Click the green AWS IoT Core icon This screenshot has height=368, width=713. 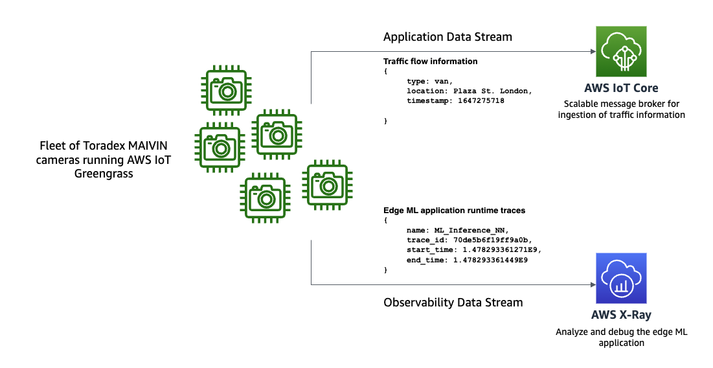622,51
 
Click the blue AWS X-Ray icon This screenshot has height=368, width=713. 621,278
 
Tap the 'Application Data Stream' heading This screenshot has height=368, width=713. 447,37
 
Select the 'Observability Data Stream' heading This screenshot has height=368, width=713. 453,302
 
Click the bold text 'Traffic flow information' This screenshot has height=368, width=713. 431,62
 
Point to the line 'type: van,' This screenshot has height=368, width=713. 429,82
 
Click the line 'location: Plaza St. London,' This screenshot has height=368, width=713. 469,91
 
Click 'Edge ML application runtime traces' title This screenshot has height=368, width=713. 454,211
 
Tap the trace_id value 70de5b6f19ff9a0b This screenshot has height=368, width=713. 492,240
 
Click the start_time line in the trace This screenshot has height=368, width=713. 473,249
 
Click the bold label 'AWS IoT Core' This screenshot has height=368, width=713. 621,88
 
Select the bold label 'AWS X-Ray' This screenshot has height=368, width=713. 621,316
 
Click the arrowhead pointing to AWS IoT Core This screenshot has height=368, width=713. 592,51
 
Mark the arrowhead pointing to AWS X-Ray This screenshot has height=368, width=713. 592,284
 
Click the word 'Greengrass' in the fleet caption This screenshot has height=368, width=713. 104,173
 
